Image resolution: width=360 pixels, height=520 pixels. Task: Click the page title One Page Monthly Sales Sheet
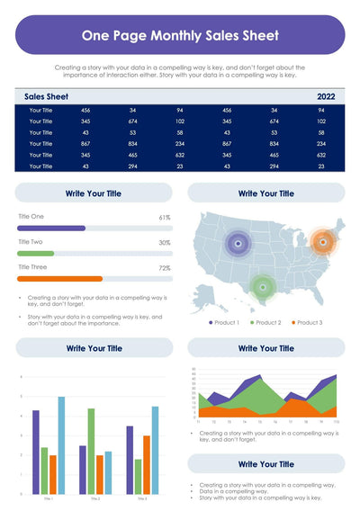pos(180,36)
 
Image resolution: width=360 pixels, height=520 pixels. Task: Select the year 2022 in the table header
pos(326,95)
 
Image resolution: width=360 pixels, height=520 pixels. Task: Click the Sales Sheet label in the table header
pos(46,95)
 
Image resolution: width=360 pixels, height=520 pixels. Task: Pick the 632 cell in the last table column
pos(320,155)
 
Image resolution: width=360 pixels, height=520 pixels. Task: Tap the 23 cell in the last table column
pos(320,166)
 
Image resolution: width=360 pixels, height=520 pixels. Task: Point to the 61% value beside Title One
pos(165,218)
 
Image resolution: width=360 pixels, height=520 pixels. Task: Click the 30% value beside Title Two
pos(165,243)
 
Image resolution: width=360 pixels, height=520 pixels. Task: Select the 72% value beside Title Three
pos(165,268)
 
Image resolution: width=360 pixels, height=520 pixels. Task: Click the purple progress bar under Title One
pos(51,229)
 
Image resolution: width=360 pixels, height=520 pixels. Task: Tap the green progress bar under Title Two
pos(36,254)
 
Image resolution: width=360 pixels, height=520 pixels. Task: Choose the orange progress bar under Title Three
pos(60,279)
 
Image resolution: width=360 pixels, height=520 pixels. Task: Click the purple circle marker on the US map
pos(238,241)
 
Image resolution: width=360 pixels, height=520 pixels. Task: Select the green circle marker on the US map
pos(261,287)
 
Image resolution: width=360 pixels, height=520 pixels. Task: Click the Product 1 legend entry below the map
pos(225,322)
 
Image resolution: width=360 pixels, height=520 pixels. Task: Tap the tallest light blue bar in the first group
pos(62,445)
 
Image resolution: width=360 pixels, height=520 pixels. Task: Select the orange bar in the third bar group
pos(147,464)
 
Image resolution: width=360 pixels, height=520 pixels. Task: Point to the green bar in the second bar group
pos(91,451)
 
